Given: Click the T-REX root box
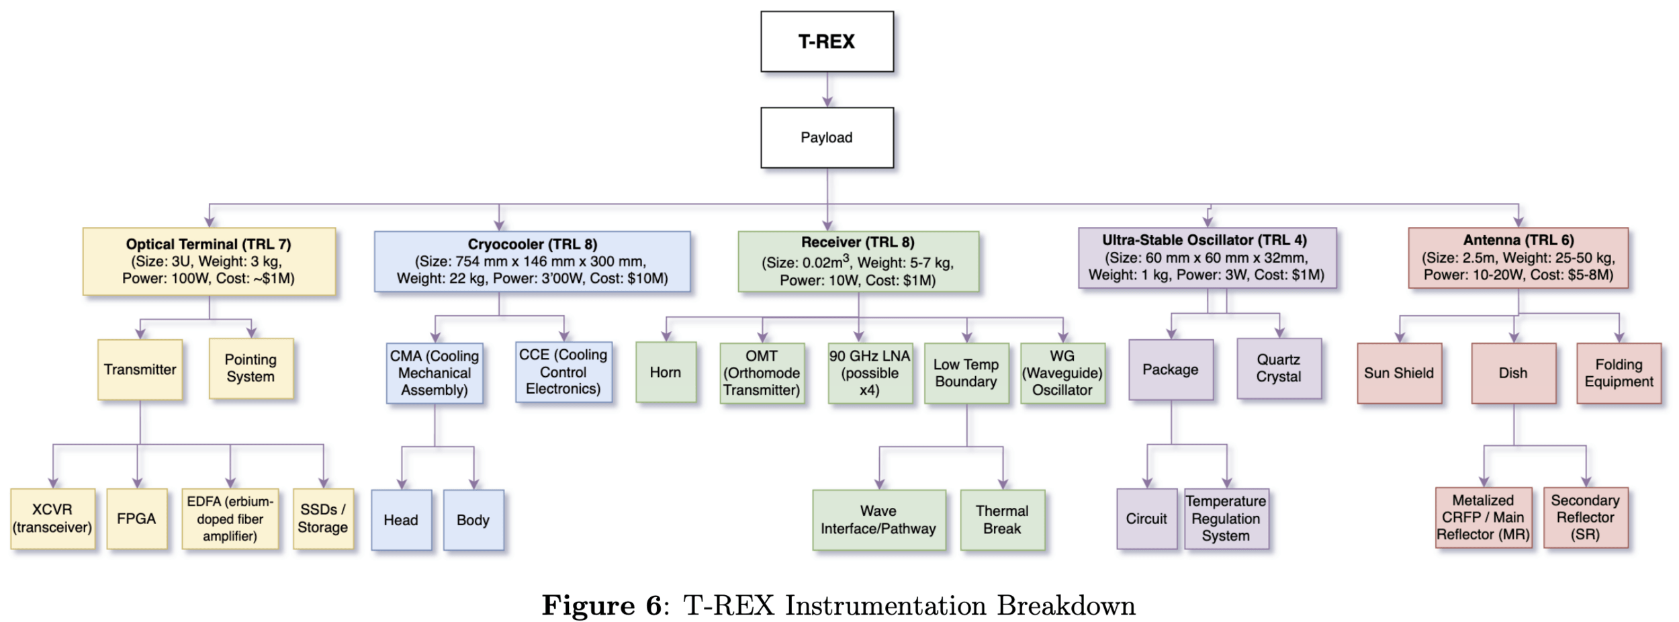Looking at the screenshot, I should (827, 42).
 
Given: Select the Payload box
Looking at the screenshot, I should (827, 138).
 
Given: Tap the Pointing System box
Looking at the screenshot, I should (251, 368).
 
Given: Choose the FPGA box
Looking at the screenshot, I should (136, 519).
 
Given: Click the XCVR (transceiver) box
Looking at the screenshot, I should (52, 519).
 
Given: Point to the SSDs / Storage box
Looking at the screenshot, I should (323, 519).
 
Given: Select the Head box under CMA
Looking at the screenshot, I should (401, 520).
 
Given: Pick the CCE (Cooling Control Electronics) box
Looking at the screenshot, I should (563, 372).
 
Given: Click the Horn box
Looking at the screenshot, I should (666, 372).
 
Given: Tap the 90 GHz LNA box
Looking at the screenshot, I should (870, 373).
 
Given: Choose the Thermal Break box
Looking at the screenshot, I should (1002, 520).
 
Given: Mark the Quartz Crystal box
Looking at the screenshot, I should (1279, 368).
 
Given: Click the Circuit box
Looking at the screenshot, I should (1146, 519).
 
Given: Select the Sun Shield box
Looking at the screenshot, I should (1399, 373).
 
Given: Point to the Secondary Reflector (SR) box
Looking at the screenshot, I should (1586, 517).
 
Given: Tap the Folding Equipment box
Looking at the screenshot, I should (1619, 373).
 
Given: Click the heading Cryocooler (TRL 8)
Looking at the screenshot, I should (532, 244).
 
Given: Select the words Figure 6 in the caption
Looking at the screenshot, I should (602, 606).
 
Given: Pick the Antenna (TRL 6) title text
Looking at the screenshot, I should (1518, 240).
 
